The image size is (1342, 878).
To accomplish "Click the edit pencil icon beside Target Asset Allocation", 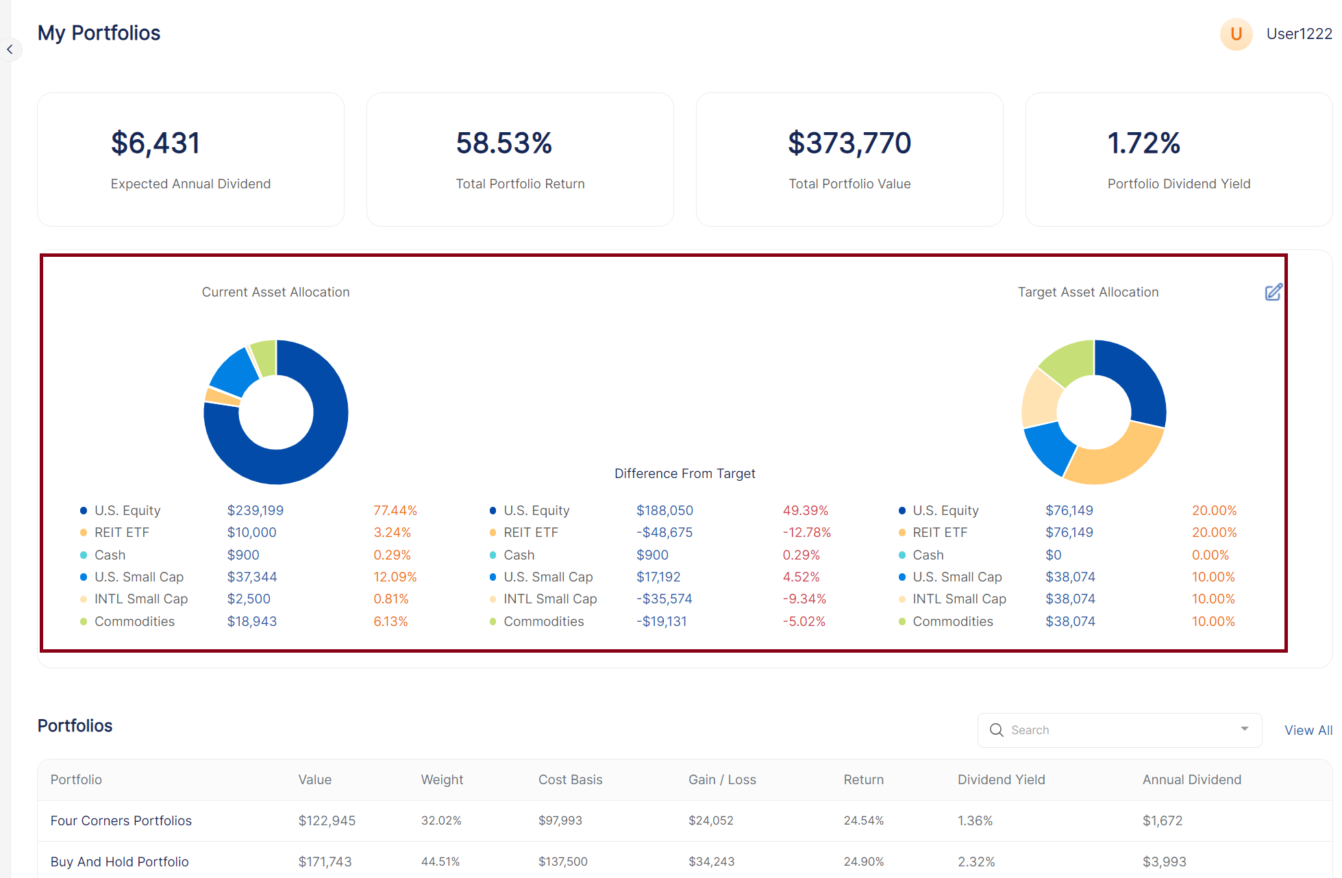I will pyautogui.click(x=1273, y=292).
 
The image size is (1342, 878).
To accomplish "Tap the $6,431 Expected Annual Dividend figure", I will pyautogui.click(x=156, y=143).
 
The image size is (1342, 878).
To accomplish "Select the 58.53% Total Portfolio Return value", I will pyautogui.click(x=504, y=143).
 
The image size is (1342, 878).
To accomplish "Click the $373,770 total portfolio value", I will pyautogui.click(x=849, y=143).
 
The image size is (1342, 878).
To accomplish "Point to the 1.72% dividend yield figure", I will pyautogui.click(x=1143, y=143).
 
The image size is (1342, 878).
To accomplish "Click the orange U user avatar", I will pyautogui.click(x=1236, y=34).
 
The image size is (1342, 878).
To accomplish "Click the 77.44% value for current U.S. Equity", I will pyautogui.click(x=395, y=510).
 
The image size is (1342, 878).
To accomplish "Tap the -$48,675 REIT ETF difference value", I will pyautogui.click(x=664, y=532).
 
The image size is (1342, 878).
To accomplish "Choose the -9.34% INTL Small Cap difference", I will pyautogui.click(x=804, y=599).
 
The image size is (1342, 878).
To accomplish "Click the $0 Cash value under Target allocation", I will pyautogui.click(x=1053, y=555).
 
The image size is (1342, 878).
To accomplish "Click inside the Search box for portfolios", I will pyautogui.click(x=1117, y=730).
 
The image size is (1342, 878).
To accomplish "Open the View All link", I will pyautogui.click(x=1308, y=730).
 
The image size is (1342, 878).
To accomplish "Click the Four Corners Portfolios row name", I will pyautogui.click(x=121, y=820).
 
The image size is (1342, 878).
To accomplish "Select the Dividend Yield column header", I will pyautogui.click(x=1001, y=779).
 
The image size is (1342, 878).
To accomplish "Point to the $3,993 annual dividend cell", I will pyautogui.click(x=1164, y=862).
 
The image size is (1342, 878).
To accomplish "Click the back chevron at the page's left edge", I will pyautogui.click(x=10, y=49).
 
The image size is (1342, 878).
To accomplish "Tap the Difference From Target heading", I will pyautogui.click(x=684, y=473).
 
